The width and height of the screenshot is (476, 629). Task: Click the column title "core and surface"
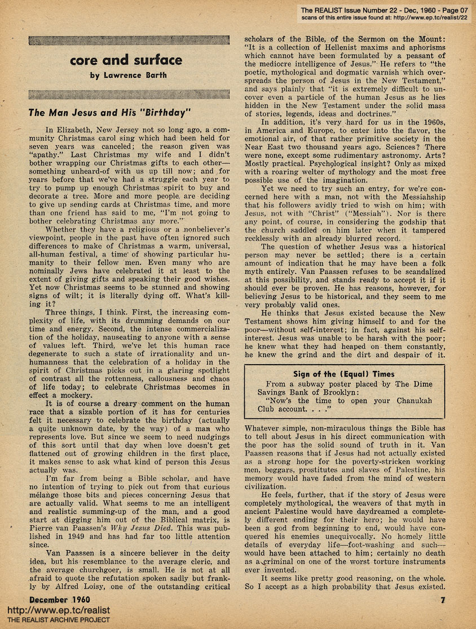pyautogui.click(x=126, y=60)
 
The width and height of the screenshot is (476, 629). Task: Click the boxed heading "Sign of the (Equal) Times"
pyautogui.click(x=344, y=374)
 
